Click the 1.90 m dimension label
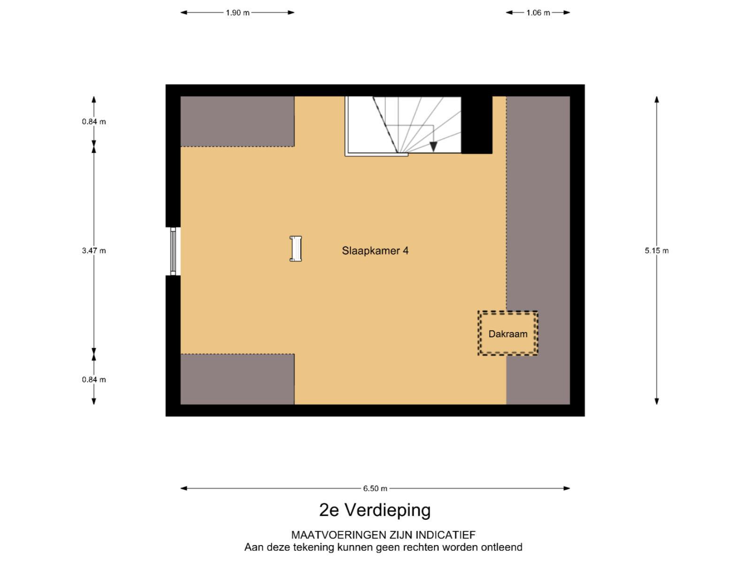click(x=238, y=13)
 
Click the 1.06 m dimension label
click(x=538, y=13)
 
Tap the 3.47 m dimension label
click(x=94, y=251)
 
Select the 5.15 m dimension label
click(x=656, y=251)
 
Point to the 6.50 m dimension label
click(x=375, y=488)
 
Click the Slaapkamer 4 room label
click(x=375, y=251)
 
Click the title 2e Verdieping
click(x=375, y=510)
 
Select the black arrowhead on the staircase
click(x=434, y=147)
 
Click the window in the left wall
click(x=173, y=251)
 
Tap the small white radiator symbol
click(x=296, y=249)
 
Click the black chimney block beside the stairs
click(x=476, y=125)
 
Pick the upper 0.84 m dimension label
click(x=94, y=122)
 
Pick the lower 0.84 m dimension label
click(x=94, y=380)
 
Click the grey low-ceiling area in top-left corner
click(x=237, y=122)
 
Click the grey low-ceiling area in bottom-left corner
click(x=237, y=379)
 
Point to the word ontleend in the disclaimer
click(x=502, y=547)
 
